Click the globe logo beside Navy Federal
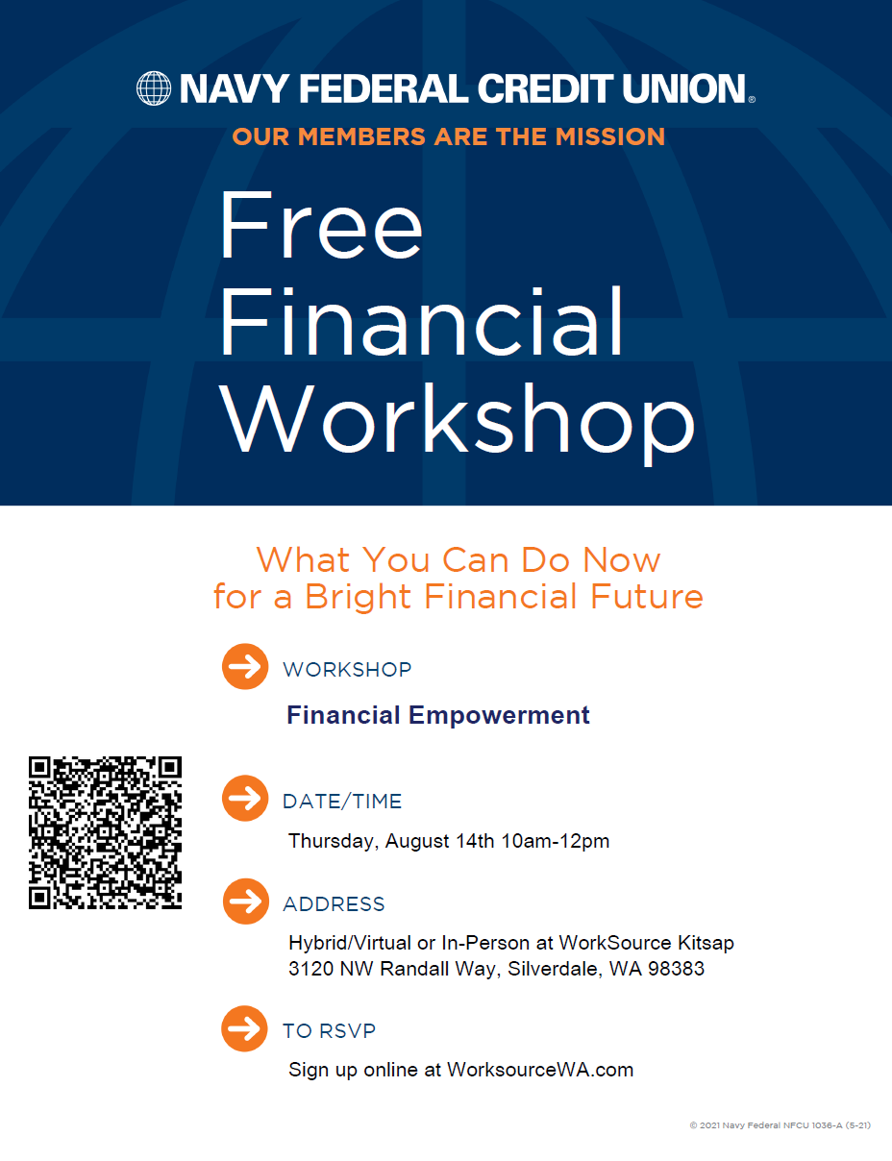154,88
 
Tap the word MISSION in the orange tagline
610,136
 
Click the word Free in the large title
321,226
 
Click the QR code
105,832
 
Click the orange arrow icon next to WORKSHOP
245,666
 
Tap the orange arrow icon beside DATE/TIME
245,799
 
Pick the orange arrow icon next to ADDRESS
246,902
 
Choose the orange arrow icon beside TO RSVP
245,1028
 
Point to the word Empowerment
499,716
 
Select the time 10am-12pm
556,841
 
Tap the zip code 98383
677,969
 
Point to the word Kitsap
706,944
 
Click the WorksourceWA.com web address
540,1070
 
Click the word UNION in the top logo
683,88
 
